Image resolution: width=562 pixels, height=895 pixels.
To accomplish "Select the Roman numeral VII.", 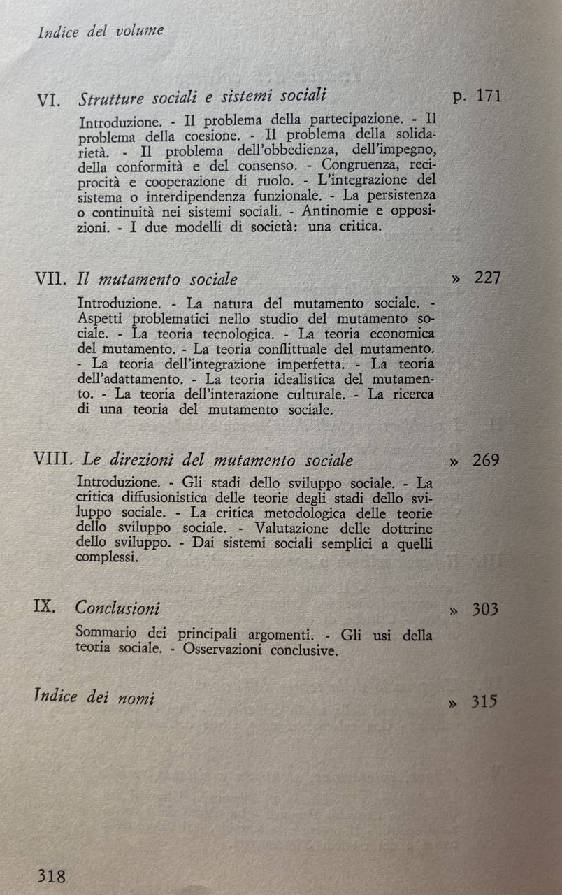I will [x=52, y=279].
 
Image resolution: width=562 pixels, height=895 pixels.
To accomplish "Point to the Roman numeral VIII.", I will [x=55, y=461].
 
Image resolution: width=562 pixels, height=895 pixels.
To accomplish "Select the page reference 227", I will [x=487, y=278].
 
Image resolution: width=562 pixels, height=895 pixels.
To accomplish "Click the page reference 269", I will [x=485, y=461].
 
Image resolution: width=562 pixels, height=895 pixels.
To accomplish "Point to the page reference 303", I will [x=484, y=609].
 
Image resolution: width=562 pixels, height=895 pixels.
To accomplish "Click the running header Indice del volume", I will [x=101, y=31].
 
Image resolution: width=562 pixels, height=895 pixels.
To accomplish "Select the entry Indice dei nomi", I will [x=94, y=698].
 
